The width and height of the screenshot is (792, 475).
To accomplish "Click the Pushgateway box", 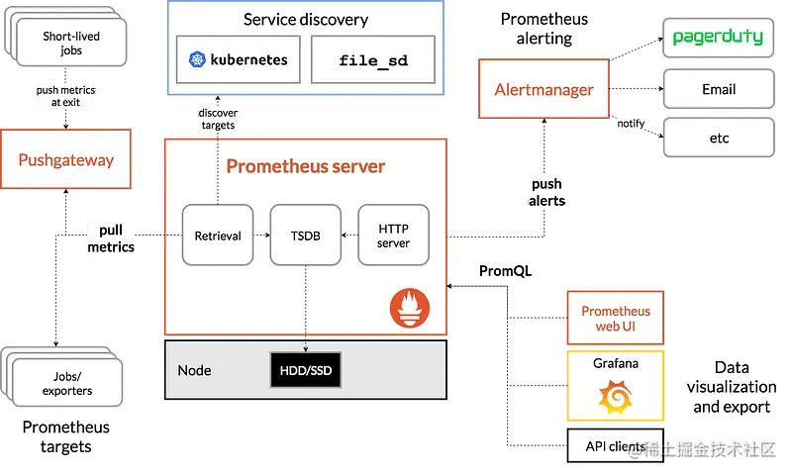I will point(66,159).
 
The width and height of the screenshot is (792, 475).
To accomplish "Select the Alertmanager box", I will point(544,90).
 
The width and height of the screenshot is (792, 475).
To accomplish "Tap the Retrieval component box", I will point(218,236).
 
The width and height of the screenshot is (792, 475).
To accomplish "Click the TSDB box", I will point(305,236).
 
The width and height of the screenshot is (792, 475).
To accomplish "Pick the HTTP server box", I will point(393,236).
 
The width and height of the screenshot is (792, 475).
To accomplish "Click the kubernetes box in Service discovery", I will point(239,60).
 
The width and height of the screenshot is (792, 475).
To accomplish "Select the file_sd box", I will point(372,60).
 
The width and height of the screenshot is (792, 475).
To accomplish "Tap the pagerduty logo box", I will point(718,38).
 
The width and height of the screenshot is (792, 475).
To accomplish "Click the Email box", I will point(718,89).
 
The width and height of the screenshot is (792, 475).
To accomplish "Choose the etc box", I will point(718,138).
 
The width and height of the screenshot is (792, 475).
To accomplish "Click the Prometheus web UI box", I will point(615,318).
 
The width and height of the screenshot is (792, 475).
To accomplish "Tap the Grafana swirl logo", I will point(615,398).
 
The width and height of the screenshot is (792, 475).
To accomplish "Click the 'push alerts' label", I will point(546,192).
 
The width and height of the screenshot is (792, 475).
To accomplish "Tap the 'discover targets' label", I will point(218,119).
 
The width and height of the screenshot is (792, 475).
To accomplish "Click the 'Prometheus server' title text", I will point(305,165).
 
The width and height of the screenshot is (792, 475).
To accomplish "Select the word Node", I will point(194,370).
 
